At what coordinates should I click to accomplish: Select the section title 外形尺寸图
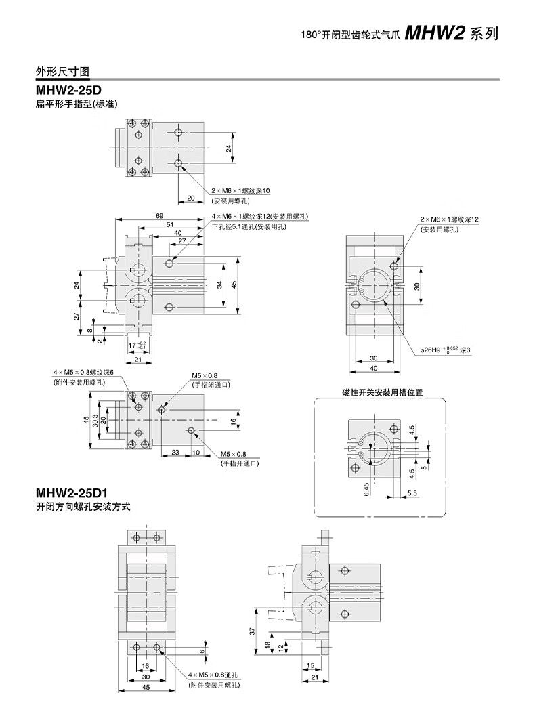tap(63, 72)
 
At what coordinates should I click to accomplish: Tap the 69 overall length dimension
tap(159, 215)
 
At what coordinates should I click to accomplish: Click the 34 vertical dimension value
tap(220, 285)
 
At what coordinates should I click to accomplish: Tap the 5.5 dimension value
tap(412, 493)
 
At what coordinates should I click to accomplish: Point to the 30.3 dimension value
tap(95, 420)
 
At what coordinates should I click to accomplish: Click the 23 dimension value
tap(175, 451)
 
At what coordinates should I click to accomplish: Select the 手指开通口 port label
tap(240, 463)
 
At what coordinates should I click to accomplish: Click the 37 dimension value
tap(252, 631)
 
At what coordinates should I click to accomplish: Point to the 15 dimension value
tap(310, 665)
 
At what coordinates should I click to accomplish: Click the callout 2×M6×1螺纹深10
tap(240, 192)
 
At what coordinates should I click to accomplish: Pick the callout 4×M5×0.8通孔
tap(213, 676)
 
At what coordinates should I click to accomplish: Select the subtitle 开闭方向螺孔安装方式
tap(82, 506)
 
